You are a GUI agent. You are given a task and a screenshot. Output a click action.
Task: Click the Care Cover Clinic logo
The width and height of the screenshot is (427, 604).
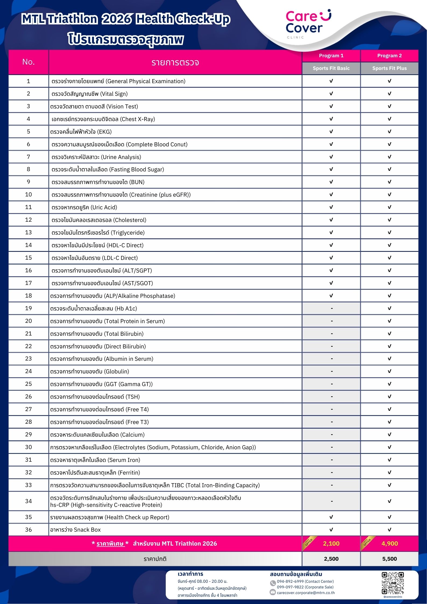308,24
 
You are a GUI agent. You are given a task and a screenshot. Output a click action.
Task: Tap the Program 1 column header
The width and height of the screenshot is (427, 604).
331,56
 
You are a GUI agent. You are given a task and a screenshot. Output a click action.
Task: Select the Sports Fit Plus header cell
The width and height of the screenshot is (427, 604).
389,68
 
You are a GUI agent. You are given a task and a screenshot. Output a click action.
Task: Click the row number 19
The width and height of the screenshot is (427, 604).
29,308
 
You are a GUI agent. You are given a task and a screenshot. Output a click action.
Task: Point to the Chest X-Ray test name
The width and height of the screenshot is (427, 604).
103,119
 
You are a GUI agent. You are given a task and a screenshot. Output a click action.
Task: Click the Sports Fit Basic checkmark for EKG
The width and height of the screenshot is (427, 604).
331,132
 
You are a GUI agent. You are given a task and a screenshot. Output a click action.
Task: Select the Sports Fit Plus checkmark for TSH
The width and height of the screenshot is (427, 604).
389,397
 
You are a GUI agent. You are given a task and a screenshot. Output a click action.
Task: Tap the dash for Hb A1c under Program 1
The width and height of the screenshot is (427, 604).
331,308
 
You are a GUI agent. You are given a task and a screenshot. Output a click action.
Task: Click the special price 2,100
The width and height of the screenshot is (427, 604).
331,543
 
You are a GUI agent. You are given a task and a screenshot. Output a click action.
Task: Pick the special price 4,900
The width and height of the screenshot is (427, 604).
390,543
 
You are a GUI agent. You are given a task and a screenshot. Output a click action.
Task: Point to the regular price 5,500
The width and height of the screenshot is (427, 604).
390,559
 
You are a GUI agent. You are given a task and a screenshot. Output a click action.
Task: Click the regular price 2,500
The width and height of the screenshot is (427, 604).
331,559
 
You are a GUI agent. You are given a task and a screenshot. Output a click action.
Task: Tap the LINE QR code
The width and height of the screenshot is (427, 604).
393,583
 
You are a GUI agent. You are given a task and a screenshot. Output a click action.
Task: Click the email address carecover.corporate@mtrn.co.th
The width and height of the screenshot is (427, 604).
306,593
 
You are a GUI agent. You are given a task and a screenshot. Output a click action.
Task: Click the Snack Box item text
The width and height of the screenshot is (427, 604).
75,530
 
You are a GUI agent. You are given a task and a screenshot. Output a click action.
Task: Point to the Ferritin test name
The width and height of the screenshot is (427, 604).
95,473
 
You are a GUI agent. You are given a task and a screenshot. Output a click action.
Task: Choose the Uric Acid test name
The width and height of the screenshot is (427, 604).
84,207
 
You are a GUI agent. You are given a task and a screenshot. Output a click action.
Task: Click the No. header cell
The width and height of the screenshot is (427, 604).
29,62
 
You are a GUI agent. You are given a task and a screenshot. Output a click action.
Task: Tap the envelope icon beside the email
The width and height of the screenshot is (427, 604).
273,592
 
